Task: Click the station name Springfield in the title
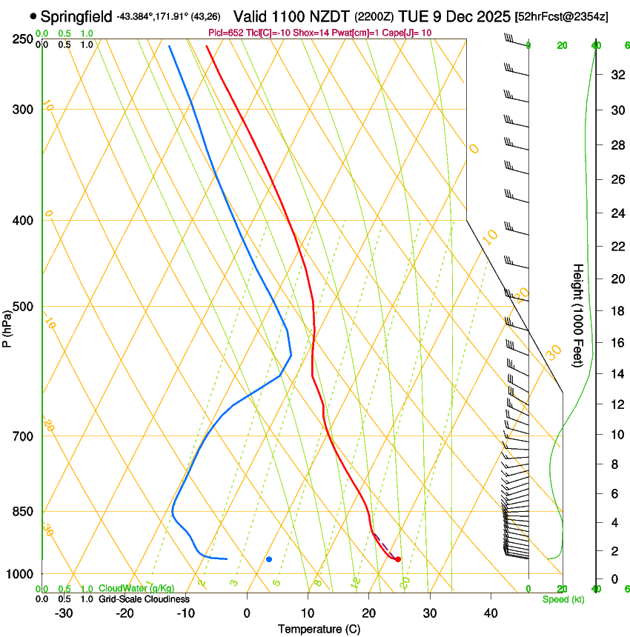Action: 76,16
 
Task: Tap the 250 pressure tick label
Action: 22,39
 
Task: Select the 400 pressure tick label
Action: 22,221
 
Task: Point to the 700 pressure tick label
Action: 22,436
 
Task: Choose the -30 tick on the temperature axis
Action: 64,613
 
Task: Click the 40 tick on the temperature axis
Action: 490,613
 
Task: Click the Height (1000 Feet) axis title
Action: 579,316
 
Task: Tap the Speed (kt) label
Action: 563,598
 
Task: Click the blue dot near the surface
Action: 269,559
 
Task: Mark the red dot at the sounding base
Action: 398,559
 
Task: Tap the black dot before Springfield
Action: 33,16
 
